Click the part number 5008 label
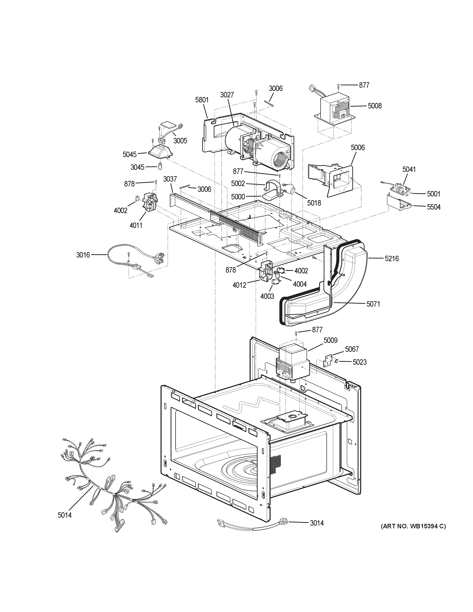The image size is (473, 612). click(374, 106)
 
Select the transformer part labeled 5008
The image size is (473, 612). click(333, 111)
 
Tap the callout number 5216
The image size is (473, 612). click(391, 258)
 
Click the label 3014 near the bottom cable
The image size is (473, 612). click(317, 523)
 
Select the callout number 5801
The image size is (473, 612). click(202, 99)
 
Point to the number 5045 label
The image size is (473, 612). click(129, 154)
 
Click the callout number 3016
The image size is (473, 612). click(83, 255)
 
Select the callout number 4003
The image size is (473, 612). click(267, 296)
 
